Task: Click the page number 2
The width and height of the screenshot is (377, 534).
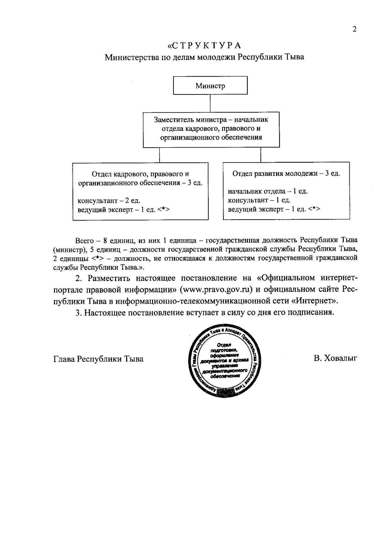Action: click(354, 29)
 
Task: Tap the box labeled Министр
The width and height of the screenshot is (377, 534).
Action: click(210, 85)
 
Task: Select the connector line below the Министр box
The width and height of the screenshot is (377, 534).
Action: click(210, 103)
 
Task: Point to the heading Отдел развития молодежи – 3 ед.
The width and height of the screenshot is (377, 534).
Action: click(286, 173)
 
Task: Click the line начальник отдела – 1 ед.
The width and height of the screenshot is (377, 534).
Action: click(267, 191)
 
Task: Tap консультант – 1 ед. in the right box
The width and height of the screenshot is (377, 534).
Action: click(259, 200)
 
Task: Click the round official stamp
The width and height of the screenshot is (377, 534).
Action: click(225, 361)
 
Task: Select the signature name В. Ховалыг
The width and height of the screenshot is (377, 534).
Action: click(336, 358)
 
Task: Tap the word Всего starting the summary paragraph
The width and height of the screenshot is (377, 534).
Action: click(85, 241)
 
